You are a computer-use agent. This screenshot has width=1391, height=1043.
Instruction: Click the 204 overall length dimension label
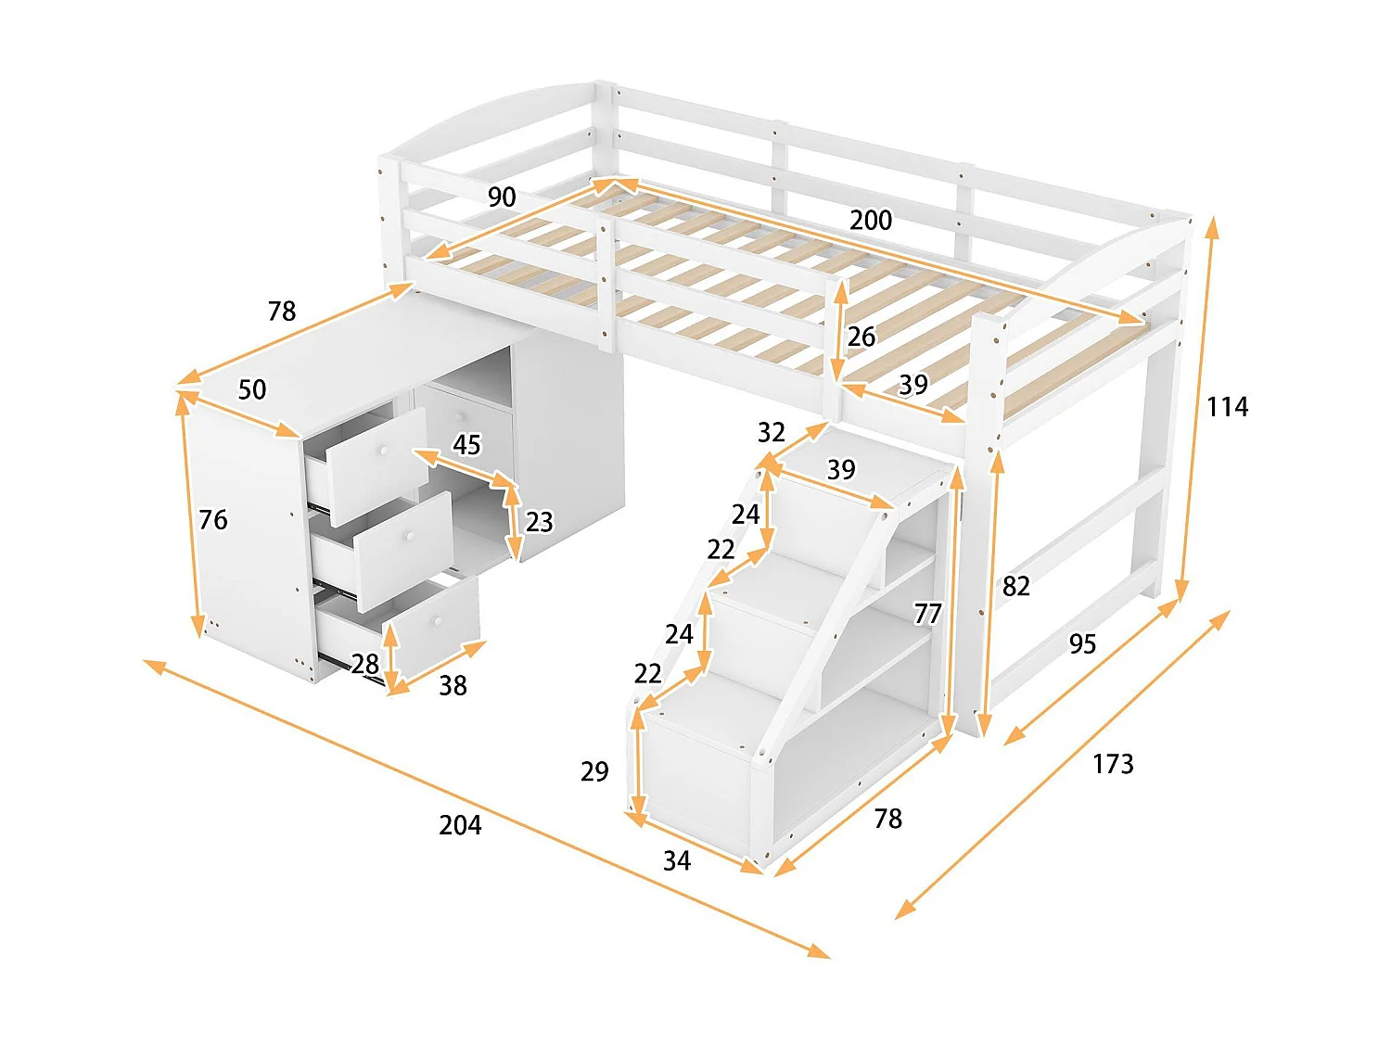pyautogui.click(x=460, y=824)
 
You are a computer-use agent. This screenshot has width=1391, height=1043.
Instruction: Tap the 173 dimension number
pyautogui.click(x=1113, y=764)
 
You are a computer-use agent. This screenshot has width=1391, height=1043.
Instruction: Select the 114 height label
pyautogui.click(x=1227, y=406)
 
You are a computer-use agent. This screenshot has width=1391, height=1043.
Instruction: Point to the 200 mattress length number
pyautogui.click(x=871, y=220)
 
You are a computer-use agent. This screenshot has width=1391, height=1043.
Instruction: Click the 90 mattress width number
pyautogui.click(x=502, y=197)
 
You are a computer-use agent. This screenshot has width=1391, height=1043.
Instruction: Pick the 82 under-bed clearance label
pyautogui.click(x=1016, y=586)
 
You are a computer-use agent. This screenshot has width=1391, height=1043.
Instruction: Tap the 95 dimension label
pyautogui.click(x=1082, y=644)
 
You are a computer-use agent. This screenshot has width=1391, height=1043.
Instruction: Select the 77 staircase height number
pyautogui.click(x=927, y=614)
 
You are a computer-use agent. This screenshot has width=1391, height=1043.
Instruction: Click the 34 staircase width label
pyautogui.click(x=677, y=861)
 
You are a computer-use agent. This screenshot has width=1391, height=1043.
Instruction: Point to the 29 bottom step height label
pyautogui.click(x=594, y=771)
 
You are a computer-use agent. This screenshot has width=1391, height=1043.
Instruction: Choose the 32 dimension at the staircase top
pyautogui.click(x=772, y=432)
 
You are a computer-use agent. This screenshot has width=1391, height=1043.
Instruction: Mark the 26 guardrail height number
pyautogui.click(x=861, y=337)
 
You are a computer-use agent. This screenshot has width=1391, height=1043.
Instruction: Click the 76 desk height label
pyautogui.click(x=213, y=519)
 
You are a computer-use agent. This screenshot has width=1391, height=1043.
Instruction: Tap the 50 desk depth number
pyautogui.click(x=252, y=389)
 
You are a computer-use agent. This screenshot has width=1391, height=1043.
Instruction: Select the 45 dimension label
pyautogui.click(x=466, y=445)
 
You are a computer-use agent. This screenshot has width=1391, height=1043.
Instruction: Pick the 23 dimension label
pyautogui.click(x=540, y=522)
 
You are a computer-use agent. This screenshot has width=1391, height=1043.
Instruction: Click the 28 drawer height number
pyautogui.click(x=364, y=664)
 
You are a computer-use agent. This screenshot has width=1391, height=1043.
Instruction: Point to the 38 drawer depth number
pyautogui.click(x=453, y=685)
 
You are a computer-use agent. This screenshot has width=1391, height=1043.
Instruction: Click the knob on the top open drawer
pyautogui.click(x=380, y=452)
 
